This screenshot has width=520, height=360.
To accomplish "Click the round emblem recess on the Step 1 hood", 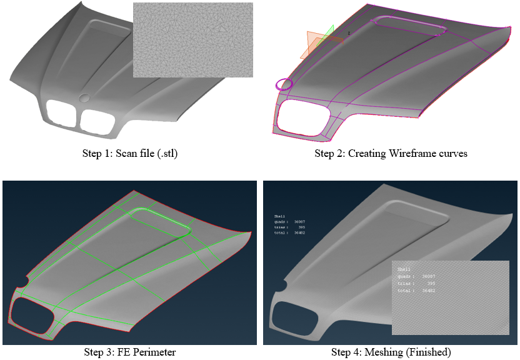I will pyautogui.click(x=85, y=97).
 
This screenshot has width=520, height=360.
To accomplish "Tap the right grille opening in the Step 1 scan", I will pyautogui.click(x=97, y=121).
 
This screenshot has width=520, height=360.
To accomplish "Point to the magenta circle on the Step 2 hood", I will pyautogui.click(x=284, y=84).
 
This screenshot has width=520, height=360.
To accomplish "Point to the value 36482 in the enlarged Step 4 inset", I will pyautogui.click(x=429, y=291).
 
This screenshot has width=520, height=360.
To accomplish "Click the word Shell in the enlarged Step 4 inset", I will pyautogui.click(x=405, y=269).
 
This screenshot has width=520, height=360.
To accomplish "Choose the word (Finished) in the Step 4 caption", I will pyautogui.click(x=428, y=352).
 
